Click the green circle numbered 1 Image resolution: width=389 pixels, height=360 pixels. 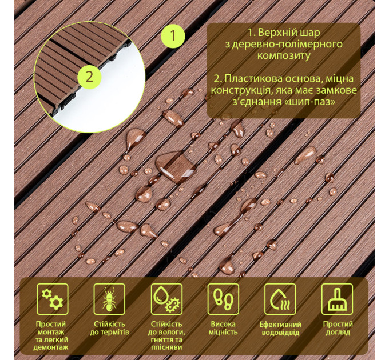pyautogui.click(x=173, y=35)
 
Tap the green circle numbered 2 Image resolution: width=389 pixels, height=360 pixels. pyautogui.click(x=90, y=77)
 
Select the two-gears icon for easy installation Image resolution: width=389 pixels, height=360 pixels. pyautogui.click(x=53, y=299)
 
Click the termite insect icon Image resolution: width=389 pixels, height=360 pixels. pyautogui.click(x=109, y=299)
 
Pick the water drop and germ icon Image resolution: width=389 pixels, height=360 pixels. pyautogui.click(x=166, y=299)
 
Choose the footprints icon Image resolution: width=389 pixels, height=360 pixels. pyautogui.click(x=223, y=299)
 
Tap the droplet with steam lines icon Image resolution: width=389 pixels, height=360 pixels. pyautogui.click(x=280, y=299)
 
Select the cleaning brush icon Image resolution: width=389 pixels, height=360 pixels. pyautogui.click(x=337, y=299)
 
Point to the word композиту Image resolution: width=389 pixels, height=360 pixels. pyautogui.click(x=284, y=56)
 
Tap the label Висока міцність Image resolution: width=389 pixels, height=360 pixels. pyautogui.click(x=223, y=328)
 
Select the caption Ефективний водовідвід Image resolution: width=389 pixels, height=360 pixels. pyautogui.click(x=280, y=328)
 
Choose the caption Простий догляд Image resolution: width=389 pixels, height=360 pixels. pyautogui.click(x=338, y=328)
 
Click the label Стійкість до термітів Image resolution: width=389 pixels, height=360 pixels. pyautogui.click(x=109, y=328)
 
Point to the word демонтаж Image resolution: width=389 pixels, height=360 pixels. pyautogui.click(x=51, y=347)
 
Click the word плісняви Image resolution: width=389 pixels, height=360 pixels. pyautogui.click(x=166, y=347)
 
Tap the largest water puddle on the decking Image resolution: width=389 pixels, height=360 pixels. pyautogui.click(x=176, y=166)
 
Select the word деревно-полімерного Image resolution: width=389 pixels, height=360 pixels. pyautogui.click(x=284, y=44)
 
